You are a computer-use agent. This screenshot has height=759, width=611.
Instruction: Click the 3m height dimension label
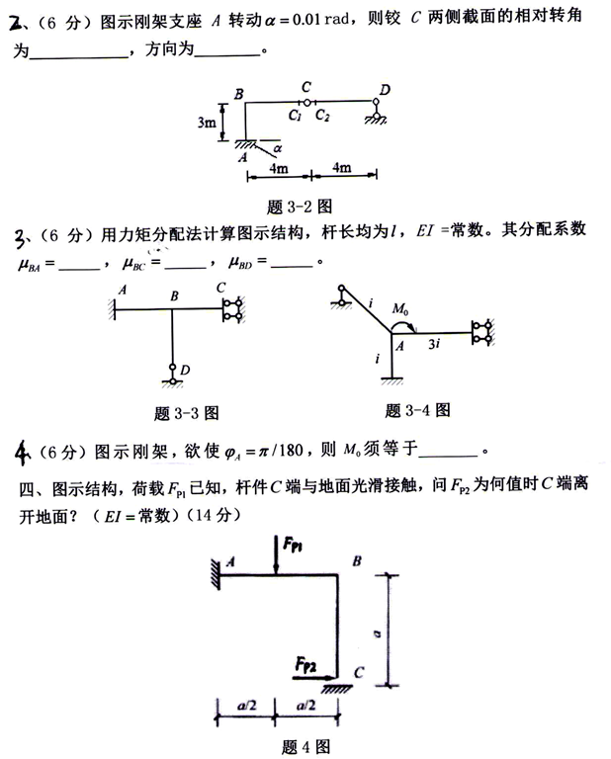click(x=207, y=124)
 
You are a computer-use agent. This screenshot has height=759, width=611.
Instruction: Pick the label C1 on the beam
click(x=295, y=116)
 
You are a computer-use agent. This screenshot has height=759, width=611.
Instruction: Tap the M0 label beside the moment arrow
click(x=400, y=310)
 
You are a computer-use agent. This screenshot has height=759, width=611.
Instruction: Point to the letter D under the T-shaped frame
click(x=185, y=370)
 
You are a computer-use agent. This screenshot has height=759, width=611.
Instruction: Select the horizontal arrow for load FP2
click(x=316, y=676)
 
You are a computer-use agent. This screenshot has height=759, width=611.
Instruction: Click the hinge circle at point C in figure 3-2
click(x=307, y=102)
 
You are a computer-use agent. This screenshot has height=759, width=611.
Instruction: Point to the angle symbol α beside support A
click(x=278, y=146)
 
